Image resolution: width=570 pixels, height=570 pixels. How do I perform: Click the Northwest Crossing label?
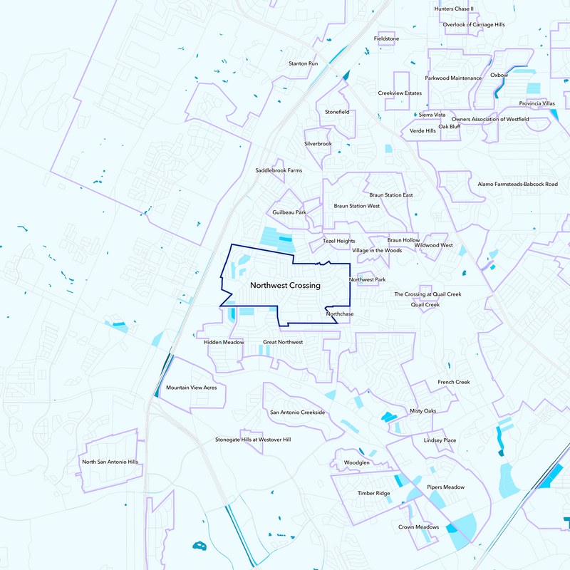(285, 286)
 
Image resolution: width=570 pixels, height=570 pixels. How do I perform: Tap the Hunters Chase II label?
(454, 9)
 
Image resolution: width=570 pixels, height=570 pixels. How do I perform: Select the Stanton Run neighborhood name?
(303, 63)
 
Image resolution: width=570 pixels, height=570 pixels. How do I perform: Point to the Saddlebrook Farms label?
(279, 171)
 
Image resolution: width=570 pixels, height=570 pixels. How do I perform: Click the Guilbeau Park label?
(289, 212)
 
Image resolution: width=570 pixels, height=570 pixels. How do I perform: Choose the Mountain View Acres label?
(191, 388)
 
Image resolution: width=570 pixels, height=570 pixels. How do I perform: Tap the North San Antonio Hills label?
(110, 462)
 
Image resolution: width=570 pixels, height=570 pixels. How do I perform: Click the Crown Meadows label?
(418, 527)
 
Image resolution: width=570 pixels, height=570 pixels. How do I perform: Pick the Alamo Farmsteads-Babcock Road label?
(517, 184)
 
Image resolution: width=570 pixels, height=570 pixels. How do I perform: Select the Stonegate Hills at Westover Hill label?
(253, 440)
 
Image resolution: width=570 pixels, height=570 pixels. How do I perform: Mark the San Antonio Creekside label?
(297, 413)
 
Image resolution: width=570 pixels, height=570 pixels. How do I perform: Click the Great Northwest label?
(283, 343)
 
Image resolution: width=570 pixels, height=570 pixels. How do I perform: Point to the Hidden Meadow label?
(224, 343)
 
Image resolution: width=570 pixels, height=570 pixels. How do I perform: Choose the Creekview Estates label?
(400, 93)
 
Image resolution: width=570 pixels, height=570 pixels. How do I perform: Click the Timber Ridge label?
(373, 493)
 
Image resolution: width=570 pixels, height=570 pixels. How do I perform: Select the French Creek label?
(454, 383)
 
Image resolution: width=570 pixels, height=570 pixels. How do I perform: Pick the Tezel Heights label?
(338, 242)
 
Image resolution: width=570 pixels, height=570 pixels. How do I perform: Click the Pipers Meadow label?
(445, 487)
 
